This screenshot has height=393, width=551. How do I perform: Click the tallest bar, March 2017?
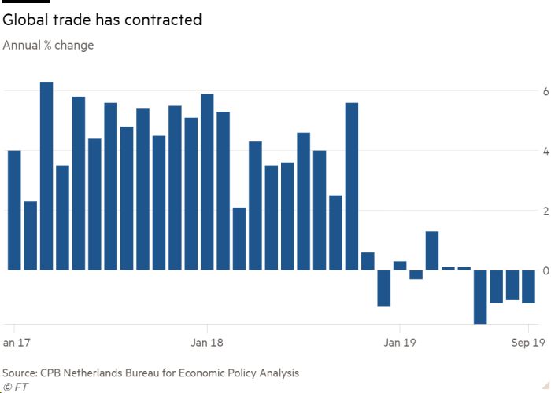[x=46, y=176]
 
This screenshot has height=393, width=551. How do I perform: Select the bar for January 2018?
[x=208, y=182]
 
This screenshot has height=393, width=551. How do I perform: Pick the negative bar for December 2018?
[x=384, y=288]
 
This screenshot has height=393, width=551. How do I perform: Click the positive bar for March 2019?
[x=432, y=251]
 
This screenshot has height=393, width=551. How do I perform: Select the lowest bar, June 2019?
[x=480, y=296]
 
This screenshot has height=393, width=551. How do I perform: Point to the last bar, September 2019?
[x=528, y=286]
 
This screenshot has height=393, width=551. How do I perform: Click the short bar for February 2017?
[x=31, y=236]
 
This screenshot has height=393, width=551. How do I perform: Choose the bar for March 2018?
[x=239, y=239]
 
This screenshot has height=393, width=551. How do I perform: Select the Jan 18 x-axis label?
[x=207, y=343]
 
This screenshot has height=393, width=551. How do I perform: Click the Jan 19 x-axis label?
[x=399, y=343]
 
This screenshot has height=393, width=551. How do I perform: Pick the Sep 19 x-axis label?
[x=520, y=343]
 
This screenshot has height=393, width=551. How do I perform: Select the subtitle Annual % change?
[x=48, y=46]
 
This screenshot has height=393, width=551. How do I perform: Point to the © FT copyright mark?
[x=15, y=387]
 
